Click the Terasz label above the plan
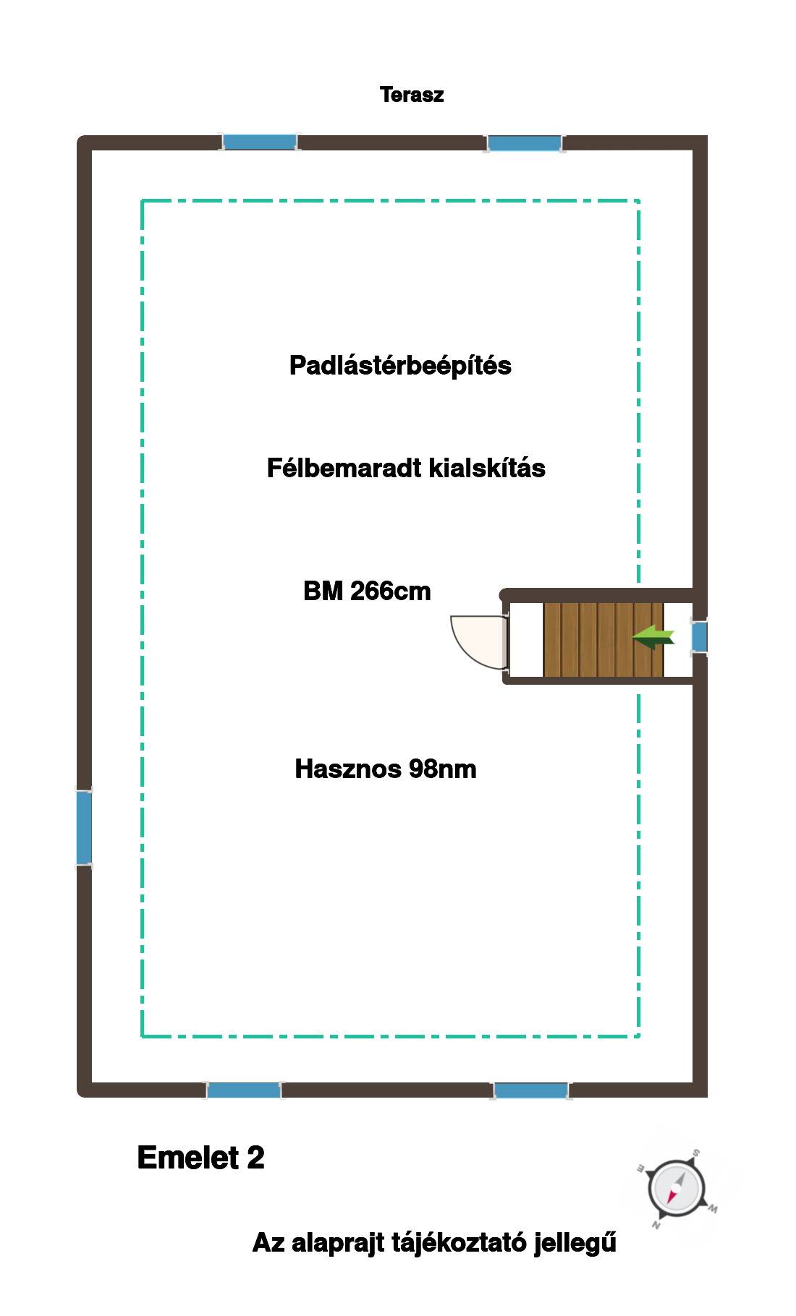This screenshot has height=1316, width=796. tap(412, 95)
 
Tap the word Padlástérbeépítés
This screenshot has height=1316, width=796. tap(400, 366)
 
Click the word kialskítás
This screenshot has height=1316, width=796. tap(487, 468)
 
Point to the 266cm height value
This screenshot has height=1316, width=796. tap(391, 591)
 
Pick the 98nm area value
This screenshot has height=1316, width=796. tap(443, 769)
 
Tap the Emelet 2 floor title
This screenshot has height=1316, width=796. tap(200, 1158)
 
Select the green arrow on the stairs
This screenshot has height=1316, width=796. tap(653, 637)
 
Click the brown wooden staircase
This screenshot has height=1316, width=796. tap(604, 639)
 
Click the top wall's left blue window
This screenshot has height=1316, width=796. tap(260, 142)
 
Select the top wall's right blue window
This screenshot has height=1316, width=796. tap(525, 142)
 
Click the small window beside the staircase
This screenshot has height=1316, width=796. tap(699, 637)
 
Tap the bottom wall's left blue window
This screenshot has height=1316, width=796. tap(244, 1090)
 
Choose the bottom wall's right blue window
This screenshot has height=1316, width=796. tap(531, 1090)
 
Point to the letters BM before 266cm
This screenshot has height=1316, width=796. tap(323, 591)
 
